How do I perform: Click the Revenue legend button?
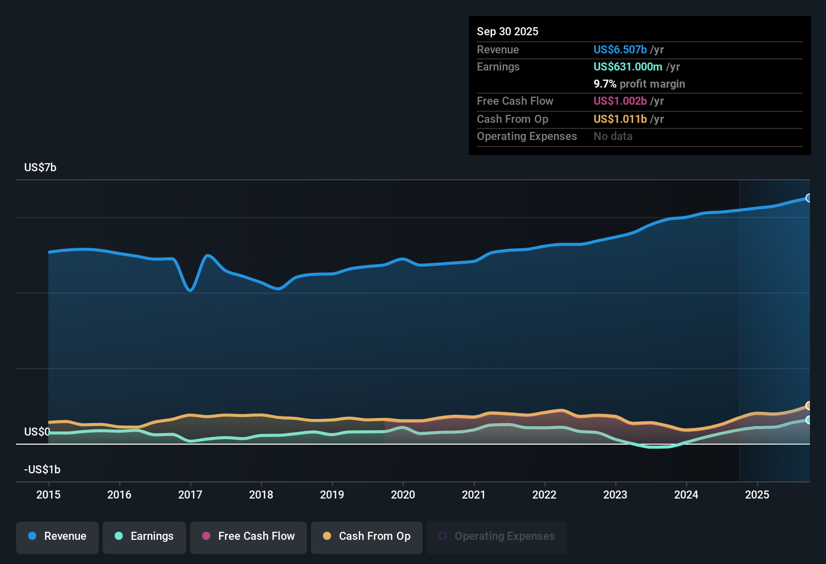(57, 536)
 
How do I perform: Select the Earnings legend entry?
(144, 536)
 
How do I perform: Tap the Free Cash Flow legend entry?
(249, 536)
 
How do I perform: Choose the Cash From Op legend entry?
(367, 536)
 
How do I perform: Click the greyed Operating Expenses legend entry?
(497, 536)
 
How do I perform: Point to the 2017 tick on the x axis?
(190, 495)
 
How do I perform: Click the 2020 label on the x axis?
(403, 495)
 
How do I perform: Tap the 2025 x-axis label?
(757, 495)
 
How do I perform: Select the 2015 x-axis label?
(48, 495)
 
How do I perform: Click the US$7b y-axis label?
(40, 168)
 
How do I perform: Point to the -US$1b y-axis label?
(42, 470)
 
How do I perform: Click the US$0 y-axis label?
(37, 432)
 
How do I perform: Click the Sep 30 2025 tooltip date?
(508, 32)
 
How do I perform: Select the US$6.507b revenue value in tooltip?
(620, 50)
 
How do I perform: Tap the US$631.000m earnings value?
(627, 67)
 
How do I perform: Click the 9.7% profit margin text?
(639, 84)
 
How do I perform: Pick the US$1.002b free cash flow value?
(620, 101)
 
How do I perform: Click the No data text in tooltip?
(613, 136)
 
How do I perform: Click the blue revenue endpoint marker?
(808, 198)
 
